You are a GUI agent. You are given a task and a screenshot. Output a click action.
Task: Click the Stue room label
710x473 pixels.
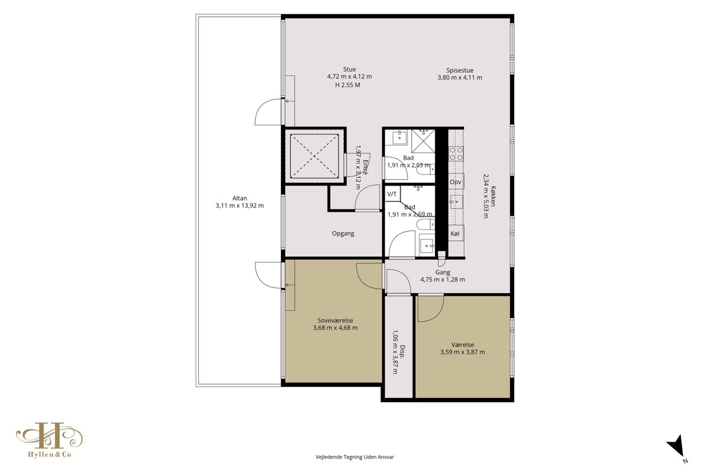[349, 69]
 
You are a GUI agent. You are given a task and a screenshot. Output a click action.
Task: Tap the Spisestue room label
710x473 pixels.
[460, 70]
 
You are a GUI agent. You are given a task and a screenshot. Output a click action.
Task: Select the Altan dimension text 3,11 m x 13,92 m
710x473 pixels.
[240, 206]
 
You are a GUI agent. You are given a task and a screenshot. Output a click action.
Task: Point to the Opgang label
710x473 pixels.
[343, 234]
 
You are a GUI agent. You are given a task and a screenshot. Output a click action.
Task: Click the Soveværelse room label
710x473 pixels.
[335, 320]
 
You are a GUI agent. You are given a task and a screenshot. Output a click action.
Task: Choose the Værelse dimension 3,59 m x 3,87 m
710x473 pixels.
[463, 352]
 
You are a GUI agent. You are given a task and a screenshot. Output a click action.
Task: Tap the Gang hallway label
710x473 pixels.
[443, 272]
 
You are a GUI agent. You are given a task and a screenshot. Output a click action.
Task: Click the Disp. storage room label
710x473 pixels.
[402, 351]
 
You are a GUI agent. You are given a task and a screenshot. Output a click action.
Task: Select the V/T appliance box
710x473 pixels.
[392, 194]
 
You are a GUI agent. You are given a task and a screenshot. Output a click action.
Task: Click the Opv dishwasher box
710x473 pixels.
[456, 182]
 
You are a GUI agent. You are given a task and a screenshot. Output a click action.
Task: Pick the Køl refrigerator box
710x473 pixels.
[456, 234]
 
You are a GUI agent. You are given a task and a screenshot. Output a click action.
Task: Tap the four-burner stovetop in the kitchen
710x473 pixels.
[456, 154]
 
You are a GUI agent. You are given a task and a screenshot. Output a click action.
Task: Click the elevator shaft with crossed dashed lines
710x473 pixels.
[314, 156]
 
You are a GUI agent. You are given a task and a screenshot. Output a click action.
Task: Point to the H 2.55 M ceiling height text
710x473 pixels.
[348, 85]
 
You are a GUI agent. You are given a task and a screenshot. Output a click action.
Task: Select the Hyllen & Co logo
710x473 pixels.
[50, 440]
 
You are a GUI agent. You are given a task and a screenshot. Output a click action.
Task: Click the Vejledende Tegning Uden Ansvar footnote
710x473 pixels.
[354, 457]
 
